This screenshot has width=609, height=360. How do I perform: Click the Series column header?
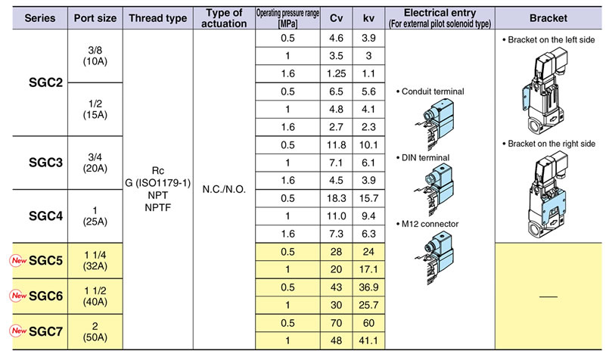click(x=39, y=18)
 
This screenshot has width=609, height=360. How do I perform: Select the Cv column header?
click(x=336, y=18)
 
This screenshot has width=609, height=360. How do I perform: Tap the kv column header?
click(x=368, y=18)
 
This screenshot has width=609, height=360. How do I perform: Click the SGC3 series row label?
click(x=45, y=163)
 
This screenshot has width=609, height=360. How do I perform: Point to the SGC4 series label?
click(x=45, y=216)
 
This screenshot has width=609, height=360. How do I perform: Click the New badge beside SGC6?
click(x=18, y=296)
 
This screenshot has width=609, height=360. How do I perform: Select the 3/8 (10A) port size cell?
click(x=95, y=55)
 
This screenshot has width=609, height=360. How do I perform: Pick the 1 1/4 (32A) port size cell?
click(x=95, y=261)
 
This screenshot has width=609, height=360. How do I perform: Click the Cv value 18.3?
click(x=337, y=198)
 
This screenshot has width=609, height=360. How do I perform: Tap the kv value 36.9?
click(x=368, y=287)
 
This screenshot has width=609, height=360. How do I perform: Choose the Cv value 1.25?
click(x=337, y=74)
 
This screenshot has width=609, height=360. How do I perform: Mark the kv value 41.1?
click(x=368, y=341)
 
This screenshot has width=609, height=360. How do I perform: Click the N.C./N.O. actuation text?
click(x=224, y=190)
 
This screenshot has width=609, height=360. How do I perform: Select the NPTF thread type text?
click(x=157, y=208)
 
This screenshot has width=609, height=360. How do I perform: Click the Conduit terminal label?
click(x=430, y=92)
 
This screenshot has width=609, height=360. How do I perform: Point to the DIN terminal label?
click(x=423, y=157)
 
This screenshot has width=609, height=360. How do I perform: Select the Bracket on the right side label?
click(x=548, y=144)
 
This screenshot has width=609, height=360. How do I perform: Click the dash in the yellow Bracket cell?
click(x=548, y=296)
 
